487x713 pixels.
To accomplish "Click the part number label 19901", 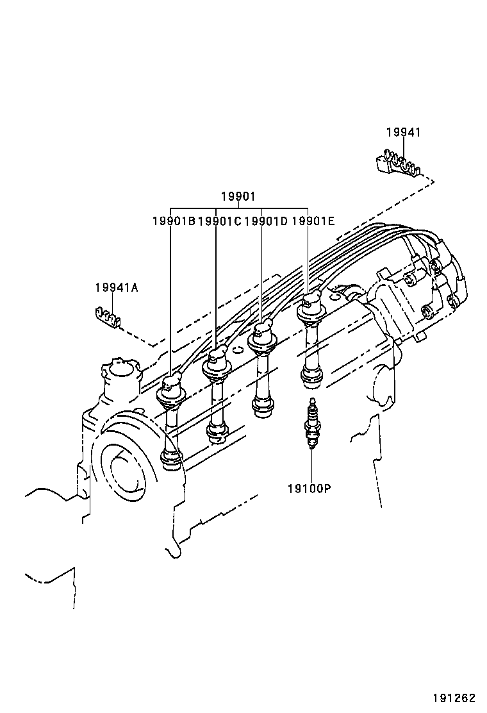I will click(238, 196).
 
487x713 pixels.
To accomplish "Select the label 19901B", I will click(173, 221).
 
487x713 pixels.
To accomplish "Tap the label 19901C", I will click(219, 221).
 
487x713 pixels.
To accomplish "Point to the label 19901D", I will click(266, 221).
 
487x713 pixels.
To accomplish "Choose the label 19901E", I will click(313, 221).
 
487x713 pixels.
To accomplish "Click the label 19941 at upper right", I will click(403, 132).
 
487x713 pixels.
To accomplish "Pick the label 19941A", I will click(116, 288).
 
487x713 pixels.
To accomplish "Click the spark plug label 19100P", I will click(309, 489).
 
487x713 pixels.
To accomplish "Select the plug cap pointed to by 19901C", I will click(216, 362).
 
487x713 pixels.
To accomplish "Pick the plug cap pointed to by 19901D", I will click(261, 335).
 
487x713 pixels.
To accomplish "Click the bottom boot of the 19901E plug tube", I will click(311, 378).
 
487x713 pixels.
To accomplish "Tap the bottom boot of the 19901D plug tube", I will click(263, 407).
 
